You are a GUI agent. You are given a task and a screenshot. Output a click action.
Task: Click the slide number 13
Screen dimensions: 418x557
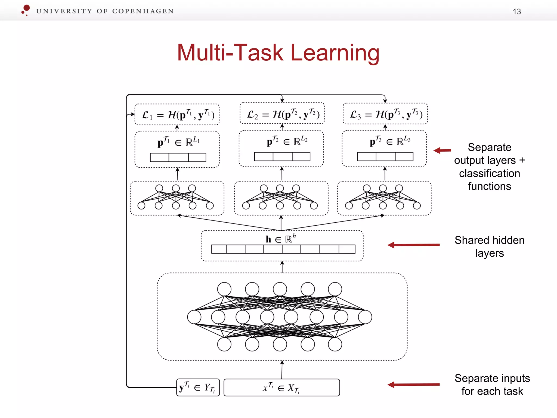click(x=516, y=11)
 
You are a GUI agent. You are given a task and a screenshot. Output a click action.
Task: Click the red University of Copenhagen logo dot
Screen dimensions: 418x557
click(x=26, y=8)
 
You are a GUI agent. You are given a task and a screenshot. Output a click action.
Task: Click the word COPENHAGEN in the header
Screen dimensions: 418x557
click(x=143, y=11)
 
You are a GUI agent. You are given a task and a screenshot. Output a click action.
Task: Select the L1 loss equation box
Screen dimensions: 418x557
click(x=177, y=115)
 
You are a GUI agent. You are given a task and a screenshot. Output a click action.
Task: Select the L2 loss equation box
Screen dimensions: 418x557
click(x=282, y=113)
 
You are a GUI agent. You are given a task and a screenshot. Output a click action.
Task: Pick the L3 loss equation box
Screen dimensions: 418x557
click(x=385, y=114)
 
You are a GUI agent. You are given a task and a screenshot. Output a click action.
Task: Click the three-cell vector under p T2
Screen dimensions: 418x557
click(x=282, y=156)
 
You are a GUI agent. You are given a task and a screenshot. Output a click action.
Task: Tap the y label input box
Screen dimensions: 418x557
click(x=198, y=388)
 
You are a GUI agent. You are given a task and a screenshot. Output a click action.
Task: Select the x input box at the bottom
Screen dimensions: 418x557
click(x=281, y=388)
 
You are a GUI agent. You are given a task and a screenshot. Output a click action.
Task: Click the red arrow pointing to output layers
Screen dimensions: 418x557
click(x=442, y=150)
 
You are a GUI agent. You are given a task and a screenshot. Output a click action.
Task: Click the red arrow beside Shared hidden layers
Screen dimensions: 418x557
click(x=413, y=245)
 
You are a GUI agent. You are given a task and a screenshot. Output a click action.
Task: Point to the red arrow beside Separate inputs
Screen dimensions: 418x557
click(x=413, y=385)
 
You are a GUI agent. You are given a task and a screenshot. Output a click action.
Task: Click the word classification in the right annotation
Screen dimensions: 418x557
click(x=489, y=173)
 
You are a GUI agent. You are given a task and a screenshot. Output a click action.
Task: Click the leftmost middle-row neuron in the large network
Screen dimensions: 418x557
click(x=194, y=317)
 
